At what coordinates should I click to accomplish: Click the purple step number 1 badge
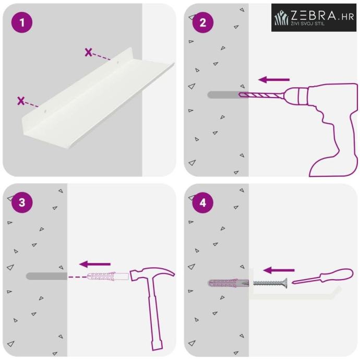tap(22, 22)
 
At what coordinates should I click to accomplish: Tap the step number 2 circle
tap(203, 22)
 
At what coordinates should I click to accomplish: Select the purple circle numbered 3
tap(22, 202)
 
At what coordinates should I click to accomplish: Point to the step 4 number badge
tap(203, 203)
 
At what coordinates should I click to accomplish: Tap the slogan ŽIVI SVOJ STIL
tap(308, 23)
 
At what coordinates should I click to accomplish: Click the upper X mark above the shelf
tap(88, 52)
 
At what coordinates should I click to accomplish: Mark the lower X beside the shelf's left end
tap(21, 101)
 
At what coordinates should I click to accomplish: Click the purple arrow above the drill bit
tap(274, 80)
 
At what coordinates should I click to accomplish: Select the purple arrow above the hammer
tap(95, 264)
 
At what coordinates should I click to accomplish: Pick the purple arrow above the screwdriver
tap(279, 270)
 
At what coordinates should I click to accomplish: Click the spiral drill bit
tap(260, 94)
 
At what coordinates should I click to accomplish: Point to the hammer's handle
tap(154, 317)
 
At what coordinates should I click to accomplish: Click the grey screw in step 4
tap(270, 283)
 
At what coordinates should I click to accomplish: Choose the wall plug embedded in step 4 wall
tap(229, 283)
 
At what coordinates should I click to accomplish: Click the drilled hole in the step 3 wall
tap(46, 276)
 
